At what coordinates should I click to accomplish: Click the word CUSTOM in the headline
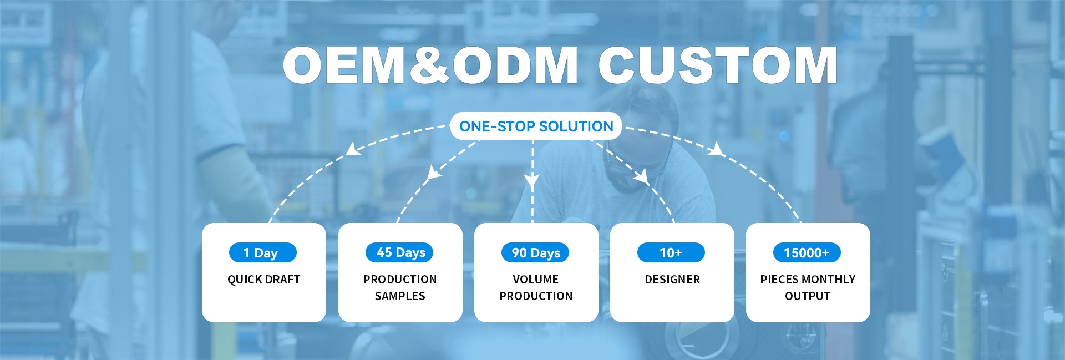tap(718, 65)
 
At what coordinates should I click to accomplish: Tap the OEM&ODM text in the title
tap(430, 65)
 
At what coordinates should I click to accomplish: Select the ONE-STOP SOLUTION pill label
tap(536, 126)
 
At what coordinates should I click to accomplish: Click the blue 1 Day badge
tap(263, 253)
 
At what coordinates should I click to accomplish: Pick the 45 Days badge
tap(399, 252)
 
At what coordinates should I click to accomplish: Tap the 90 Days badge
tap(535, 252)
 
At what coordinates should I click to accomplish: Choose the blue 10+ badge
tap(671, 252)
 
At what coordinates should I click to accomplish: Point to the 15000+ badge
tap(807, 252)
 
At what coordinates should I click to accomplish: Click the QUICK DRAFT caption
tap(264, 280)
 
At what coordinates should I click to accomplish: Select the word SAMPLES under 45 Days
tap(400, 296)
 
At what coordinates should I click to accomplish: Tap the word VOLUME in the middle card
tap(536, 280)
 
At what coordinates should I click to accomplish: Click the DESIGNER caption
tap(672, 280)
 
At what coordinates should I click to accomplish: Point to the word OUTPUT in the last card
tap(808, 296)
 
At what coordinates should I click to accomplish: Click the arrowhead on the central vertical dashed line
tap(532, 180)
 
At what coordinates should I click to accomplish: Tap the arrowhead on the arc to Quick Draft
tap(352, 149)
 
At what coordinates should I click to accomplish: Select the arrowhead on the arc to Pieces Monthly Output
tap(717, 149)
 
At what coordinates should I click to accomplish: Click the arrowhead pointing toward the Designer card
tap(642, 176)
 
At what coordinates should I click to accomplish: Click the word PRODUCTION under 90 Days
tap(536, 296)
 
